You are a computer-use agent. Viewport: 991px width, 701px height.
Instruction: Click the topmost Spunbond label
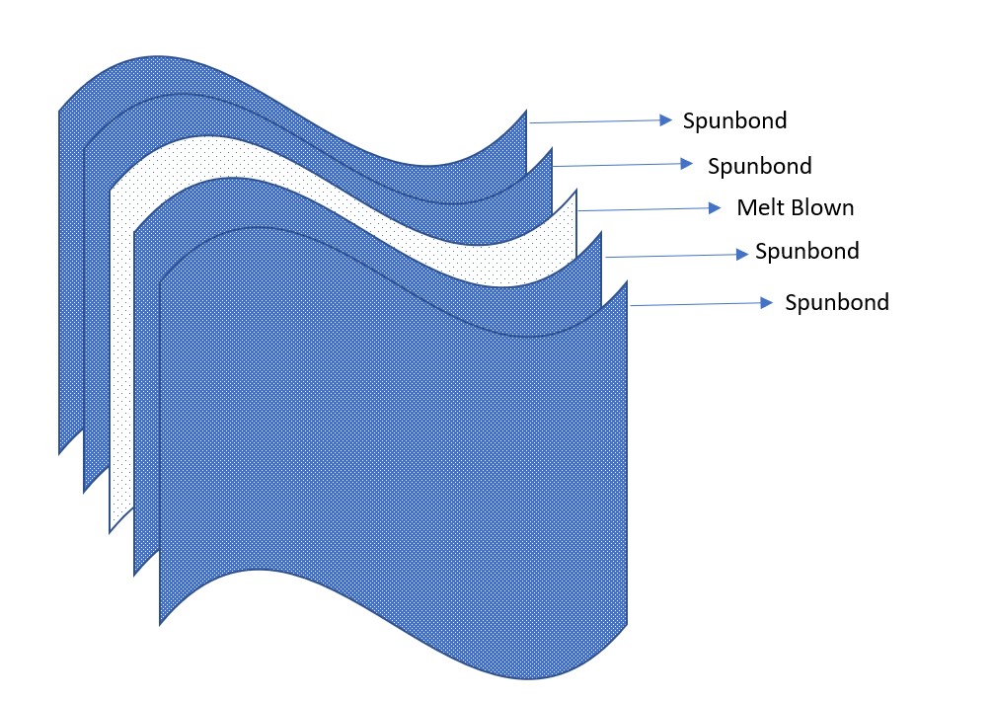pos(734,120)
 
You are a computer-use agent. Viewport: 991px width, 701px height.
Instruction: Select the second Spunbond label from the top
pos(759,165)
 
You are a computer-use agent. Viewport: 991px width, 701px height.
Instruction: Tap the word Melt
pos(758,208)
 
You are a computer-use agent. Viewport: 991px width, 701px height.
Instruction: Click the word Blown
pos(819,208)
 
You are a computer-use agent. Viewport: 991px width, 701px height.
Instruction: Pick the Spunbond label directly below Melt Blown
pos(806,251)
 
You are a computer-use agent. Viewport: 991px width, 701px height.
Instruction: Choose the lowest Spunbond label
pos(836,302)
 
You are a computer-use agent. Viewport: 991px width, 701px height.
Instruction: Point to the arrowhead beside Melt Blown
pos(716,208)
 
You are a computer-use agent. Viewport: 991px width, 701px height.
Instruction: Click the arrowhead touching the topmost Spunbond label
pos(666,120)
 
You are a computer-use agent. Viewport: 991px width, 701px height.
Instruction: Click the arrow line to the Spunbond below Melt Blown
pos(671,256)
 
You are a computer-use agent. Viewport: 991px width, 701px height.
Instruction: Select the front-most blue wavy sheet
pos(395,444)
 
